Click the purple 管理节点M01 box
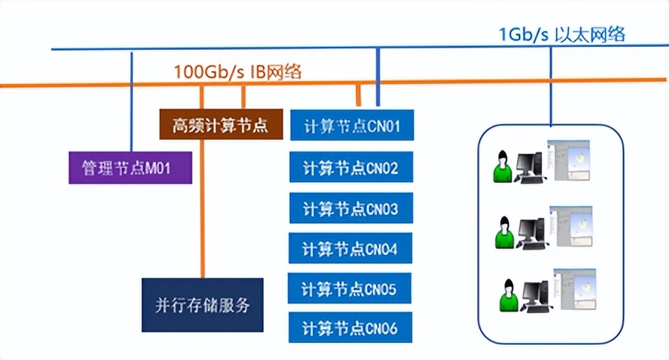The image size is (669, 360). click(130, 167)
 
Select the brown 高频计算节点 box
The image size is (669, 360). click(220, 125)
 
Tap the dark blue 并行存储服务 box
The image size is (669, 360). click(202, 304)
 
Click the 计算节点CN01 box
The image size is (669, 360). click(351, 126)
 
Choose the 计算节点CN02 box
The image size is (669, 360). click(351, 167)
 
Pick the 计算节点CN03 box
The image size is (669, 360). click(351, 208)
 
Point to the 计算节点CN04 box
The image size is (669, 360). click(351, 248)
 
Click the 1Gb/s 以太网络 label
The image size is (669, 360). click(562, 33)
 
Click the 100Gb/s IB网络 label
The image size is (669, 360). click(237, 72)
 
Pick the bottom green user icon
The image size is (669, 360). click(508, 295)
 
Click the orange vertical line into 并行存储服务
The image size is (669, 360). click(201, 208)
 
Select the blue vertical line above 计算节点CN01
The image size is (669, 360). click(378, 78)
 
